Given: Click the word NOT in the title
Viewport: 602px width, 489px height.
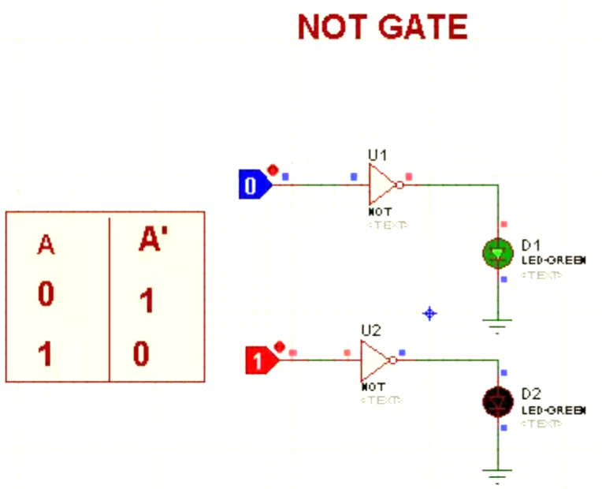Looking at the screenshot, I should pos(333,28).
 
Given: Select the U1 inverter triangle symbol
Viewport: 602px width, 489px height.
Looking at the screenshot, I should pos(381,185).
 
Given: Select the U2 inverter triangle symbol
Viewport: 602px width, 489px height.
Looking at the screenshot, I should pos(374,360).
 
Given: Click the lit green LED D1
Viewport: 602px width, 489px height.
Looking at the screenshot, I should pos(497,253).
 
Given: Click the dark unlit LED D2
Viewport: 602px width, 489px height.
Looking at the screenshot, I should pos(497,402).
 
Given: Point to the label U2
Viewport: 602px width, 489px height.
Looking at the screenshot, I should pos(370,330).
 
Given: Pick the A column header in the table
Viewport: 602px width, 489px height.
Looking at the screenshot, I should pos(46,246).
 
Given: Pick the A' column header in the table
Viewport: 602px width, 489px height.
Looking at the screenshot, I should pos(153,240).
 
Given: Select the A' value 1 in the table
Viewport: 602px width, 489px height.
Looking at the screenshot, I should pos(147,301).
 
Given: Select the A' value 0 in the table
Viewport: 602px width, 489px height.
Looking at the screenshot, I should pos(141,354).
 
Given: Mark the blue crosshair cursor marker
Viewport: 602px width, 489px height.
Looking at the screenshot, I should pos(429,313).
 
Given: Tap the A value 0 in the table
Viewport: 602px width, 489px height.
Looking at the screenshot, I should pos(46,295).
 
